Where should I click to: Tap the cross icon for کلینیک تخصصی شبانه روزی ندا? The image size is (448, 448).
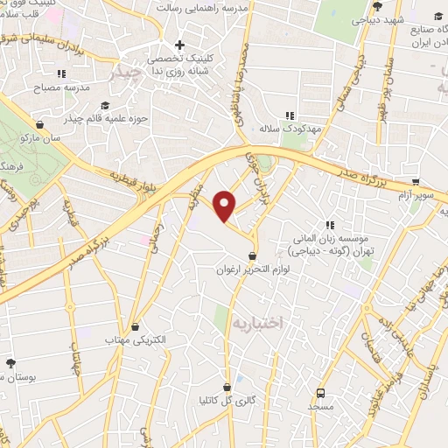(179, 45)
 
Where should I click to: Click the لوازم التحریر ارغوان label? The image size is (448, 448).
(252, 271)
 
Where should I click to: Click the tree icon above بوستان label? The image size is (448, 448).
(10, 363)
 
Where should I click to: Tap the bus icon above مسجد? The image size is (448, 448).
(321, 393)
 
